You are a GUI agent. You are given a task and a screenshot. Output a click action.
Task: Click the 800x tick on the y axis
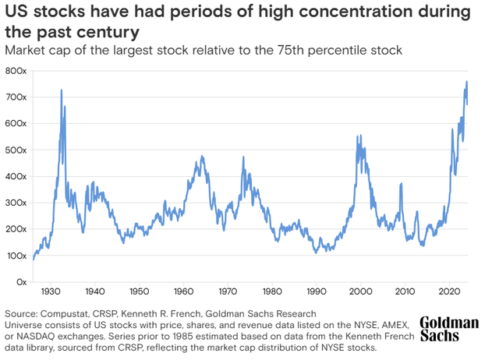coord(17,71)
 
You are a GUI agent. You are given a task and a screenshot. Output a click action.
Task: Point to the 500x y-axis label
coord(17,150)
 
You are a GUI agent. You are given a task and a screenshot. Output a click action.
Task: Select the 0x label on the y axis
coord(22,282)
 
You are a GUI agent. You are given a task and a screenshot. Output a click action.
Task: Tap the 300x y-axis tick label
coord(17,203)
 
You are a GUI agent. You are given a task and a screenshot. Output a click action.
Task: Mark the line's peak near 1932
coord(61,90)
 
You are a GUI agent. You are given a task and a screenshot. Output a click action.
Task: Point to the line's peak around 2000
coord(358,136)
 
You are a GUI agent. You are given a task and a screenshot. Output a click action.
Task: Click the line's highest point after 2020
coord(466,82)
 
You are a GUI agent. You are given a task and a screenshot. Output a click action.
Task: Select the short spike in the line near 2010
coord(401,185)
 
